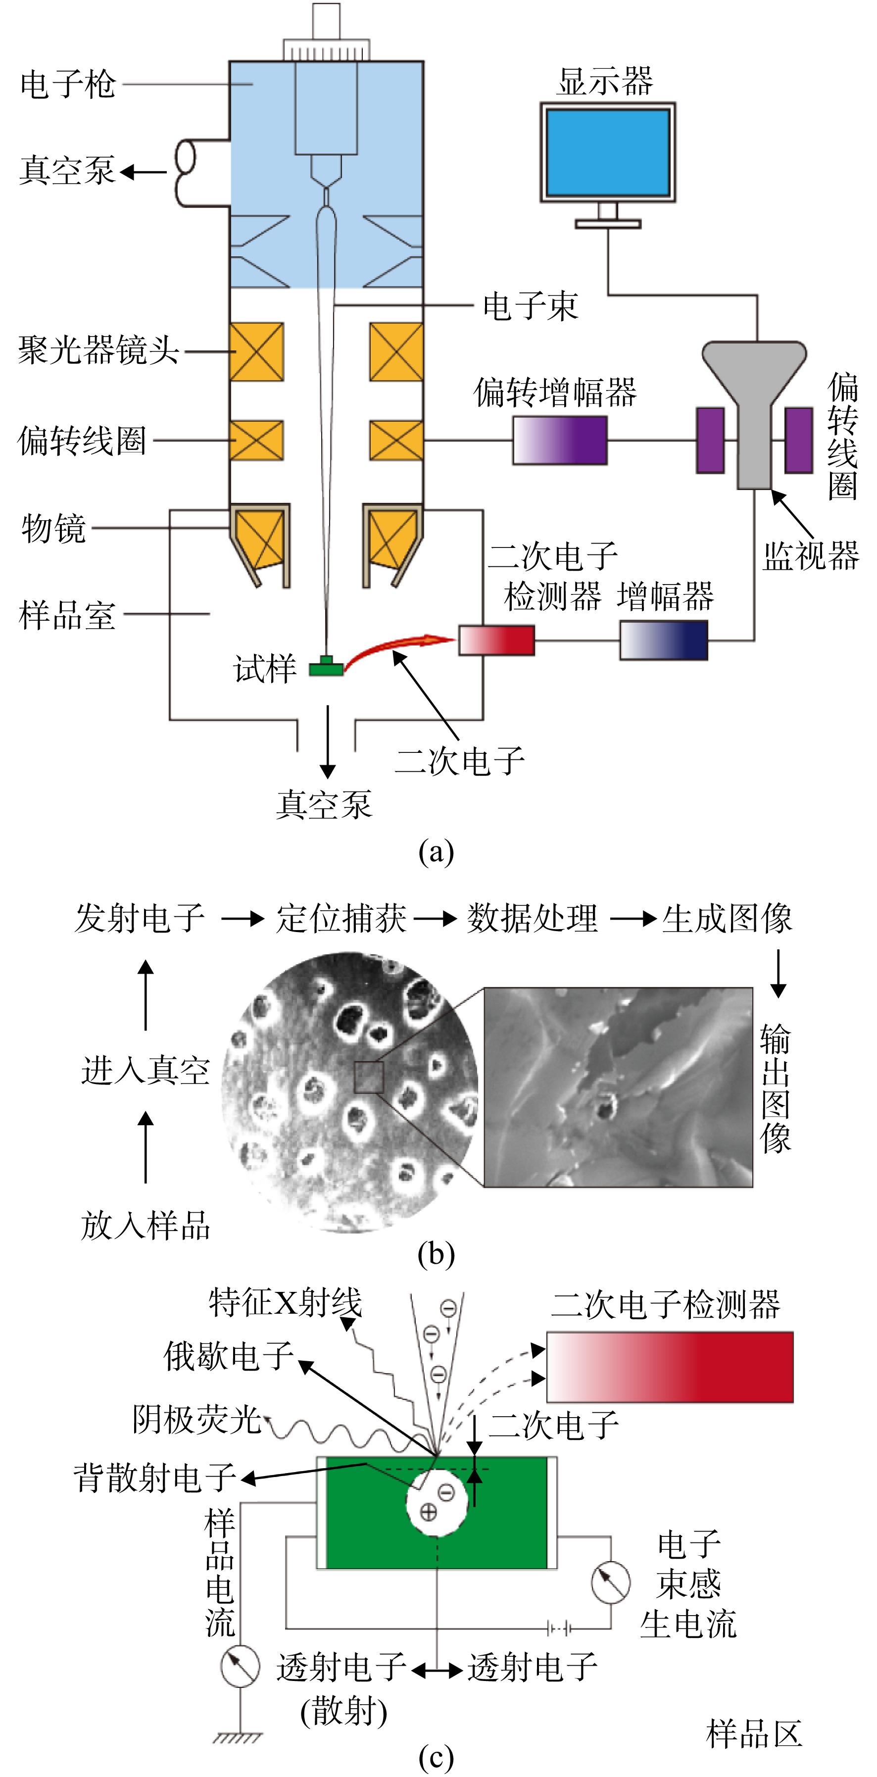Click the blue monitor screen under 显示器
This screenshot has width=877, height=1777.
point(607,152)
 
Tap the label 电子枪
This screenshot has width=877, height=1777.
point(68,85)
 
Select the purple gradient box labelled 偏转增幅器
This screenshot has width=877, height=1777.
point(560,440)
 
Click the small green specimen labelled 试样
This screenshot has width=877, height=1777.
point(326,666)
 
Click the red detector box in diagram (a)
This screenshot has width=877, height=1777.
point(496,640)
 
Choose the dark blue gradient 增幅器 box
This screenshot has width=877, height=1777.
point(663,640)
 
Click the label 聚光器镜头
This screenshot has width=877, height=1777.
point(98,350)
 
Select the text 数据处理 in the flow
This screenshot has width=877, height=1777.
point(532,918)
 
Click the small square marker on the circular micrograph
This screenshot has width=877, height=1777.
point(368,1078)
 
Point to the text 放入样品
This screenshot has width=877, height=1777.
point(145,1226)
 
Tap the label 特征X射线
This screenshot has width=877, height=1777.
point(285,1302)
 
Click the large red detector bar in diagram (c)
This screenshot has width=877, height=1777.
point(670,1367)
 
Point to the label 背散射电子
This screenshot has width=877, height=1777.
point(155,1478)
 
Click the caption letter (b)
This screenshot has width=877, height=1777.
point(436,1253)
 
